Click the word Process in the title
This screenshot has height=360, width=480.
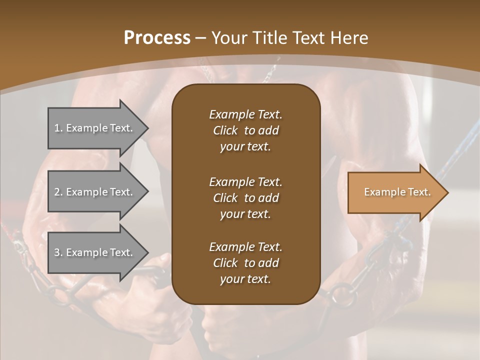click(157, 38)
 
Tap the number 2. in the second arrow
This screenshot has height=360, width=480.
click(58, 192)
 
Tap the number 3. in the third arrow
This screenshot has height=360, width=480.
click(58, 252)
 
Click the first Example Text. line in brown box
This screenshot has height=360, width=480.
click(245, 114)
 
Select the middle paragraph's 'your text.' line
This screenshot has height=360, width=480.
click(245, 214)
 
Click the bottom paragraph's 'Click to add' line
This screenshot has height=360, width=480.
click(245, 263)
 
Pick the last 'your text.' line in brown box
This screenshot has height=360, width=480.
click(245, 279)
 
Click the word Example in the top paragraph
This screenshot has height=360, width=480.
click(231, 114)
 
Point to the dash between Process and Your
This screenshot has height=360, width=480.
click(201, 38)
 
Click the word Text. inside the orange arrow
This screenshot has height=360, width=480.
click(419, 192)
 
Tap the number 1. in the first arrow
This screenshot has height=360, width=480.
click(58, 128)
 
